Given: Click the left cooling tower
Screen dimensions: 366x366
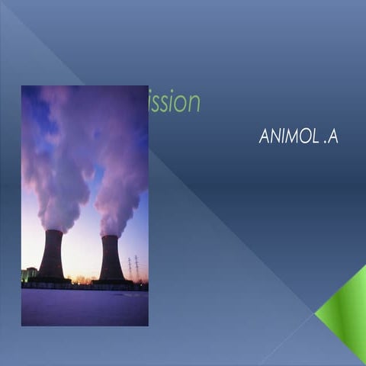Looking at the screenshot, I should [52, 255].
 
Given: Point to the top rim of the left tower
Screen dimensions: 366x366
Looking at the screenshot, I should [52, 231].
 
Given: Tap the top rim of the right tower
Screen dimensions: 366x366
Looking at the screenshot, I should [111, 236].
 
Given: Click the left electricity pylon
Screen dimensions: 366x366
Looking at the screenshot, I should [130, 268].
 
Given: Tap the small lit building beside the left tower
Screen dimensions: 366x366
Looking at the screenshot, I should [29, 274].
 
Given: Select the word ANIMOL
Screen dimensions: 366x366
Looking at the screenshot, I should [287, 137].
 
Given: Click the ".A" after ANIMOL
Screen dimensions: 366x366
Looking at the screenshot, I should [329, 137].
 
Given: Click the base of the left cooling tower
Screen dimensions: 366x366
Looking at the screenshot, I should [52, 279].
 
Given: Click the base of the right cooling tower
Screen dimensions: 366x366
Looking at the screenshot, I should [111, 281].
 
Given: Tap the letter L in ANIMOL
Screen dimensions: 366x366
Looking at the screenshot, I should [313, 137].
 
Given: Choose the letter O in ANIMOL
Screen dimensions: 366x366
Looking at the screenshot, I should [303, 137].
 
